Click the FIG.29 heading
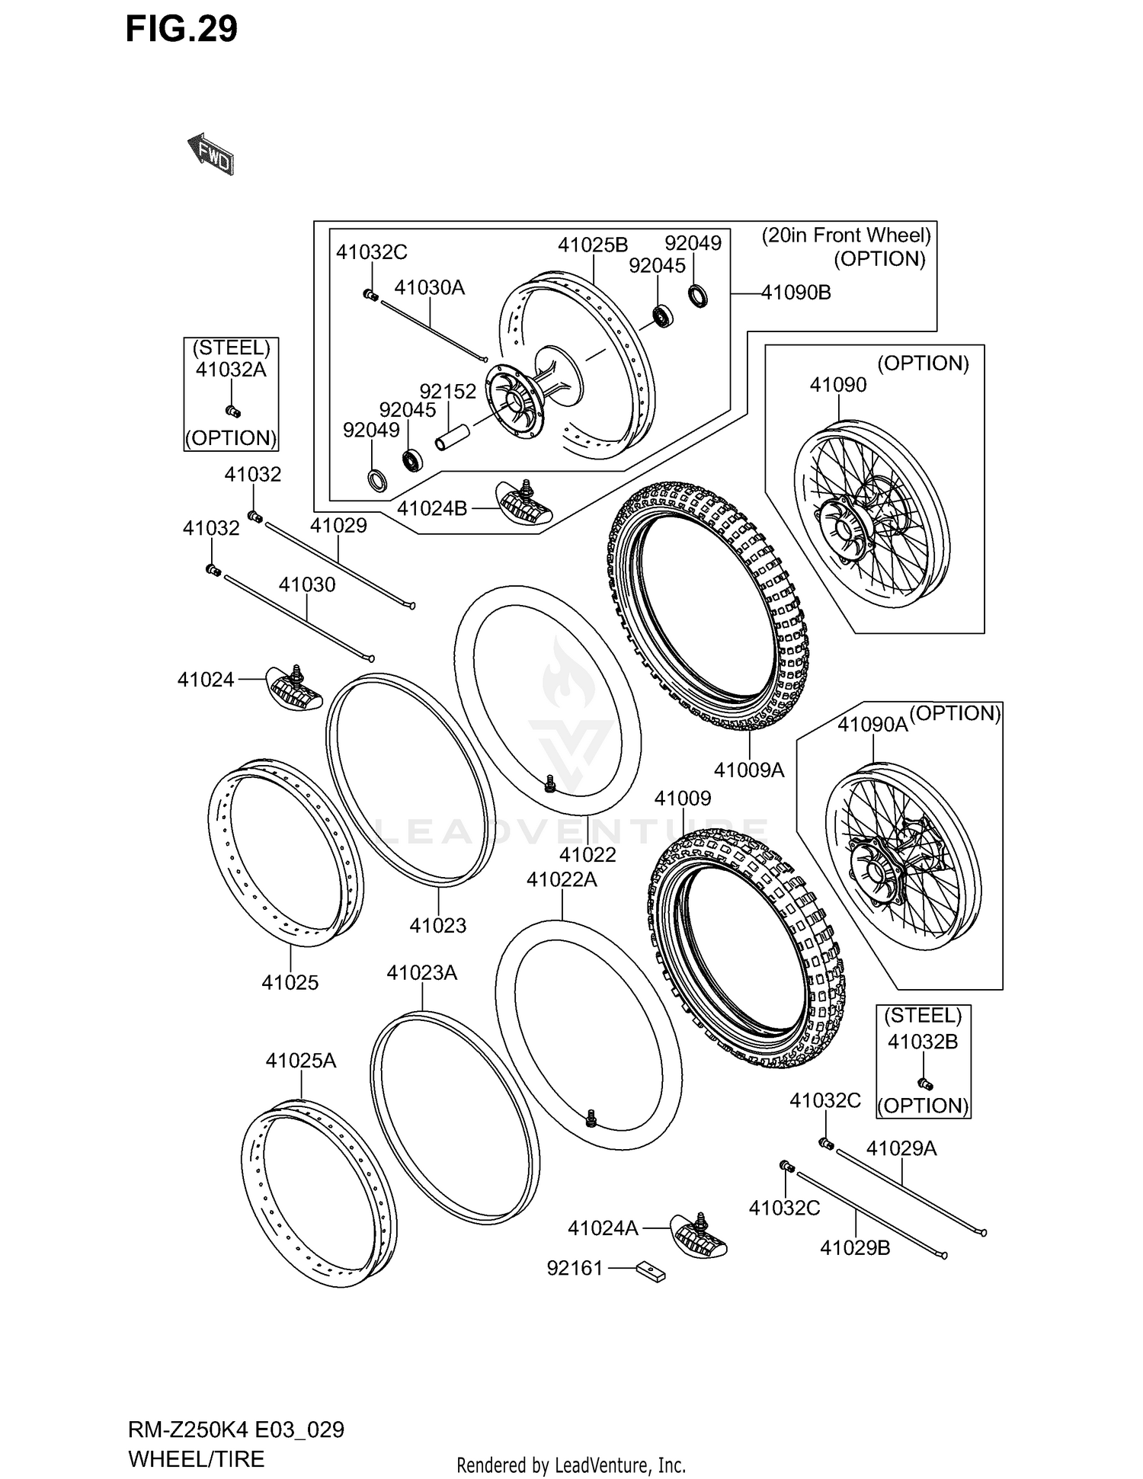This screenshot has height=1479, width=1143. (181, 29)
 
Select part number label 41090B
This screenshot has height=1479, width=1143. (796, 293)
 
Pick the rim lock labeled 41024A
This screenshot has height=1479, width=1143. (698, 1234)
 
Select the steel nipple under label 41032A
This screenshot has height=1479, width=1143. (233, 412)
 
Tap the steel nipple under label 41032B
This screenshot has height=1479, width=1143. (926, 1084)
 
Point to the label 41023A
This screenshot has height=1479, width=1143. (421, 973)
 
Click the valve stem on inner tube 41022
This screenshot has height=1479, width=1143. (549, 783)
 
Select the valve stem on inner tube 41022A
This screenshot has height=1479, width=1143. (591, 1118)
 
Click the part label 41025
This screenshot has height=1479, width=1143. (290, 982)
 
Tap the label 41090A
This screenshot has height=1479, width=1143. (872, 725)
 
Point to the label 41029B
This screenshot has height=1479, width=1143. (855, 1247)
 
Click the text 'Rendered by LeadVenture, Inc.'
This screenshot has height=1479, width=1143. (571, 1465)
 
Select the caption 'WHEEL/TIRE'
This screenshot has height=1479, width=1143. (197, 1458)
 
